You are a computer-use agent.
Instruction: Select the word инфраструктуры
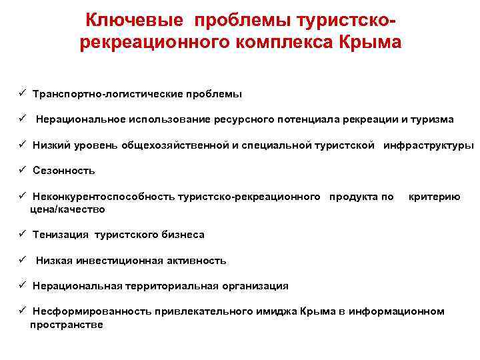429,145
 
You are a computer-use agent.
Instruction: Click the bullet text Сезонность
64,171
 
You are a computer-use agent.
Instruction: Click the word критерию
434,197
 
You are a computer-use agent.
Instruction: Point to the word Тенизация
61,235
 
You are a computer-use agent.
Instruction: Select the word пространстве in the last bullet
67,325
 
